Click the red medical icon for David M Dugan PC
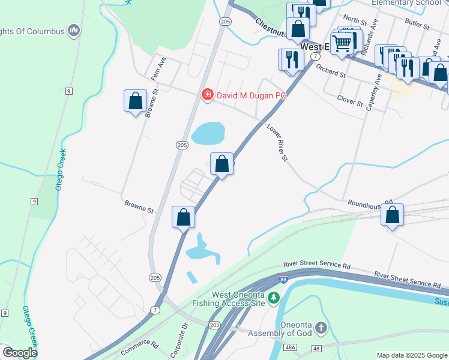point(207,95)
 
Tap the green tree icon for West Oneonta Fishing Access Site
point(274,297)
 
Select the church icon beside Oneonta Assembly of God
point(321,328)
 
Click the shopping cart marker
point(342,43)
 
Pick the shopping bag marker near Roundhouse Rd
point(392,215)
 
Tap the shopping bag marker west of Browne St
point(136,101)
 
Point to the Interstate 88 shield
point(283,279)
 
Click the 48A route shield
point(291,347)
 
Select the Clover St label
point(351,100)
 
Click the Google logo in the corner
point(20,353)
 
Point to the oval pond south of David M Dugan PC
point(208,133)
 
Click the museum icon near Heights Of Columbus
point(74,30)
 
